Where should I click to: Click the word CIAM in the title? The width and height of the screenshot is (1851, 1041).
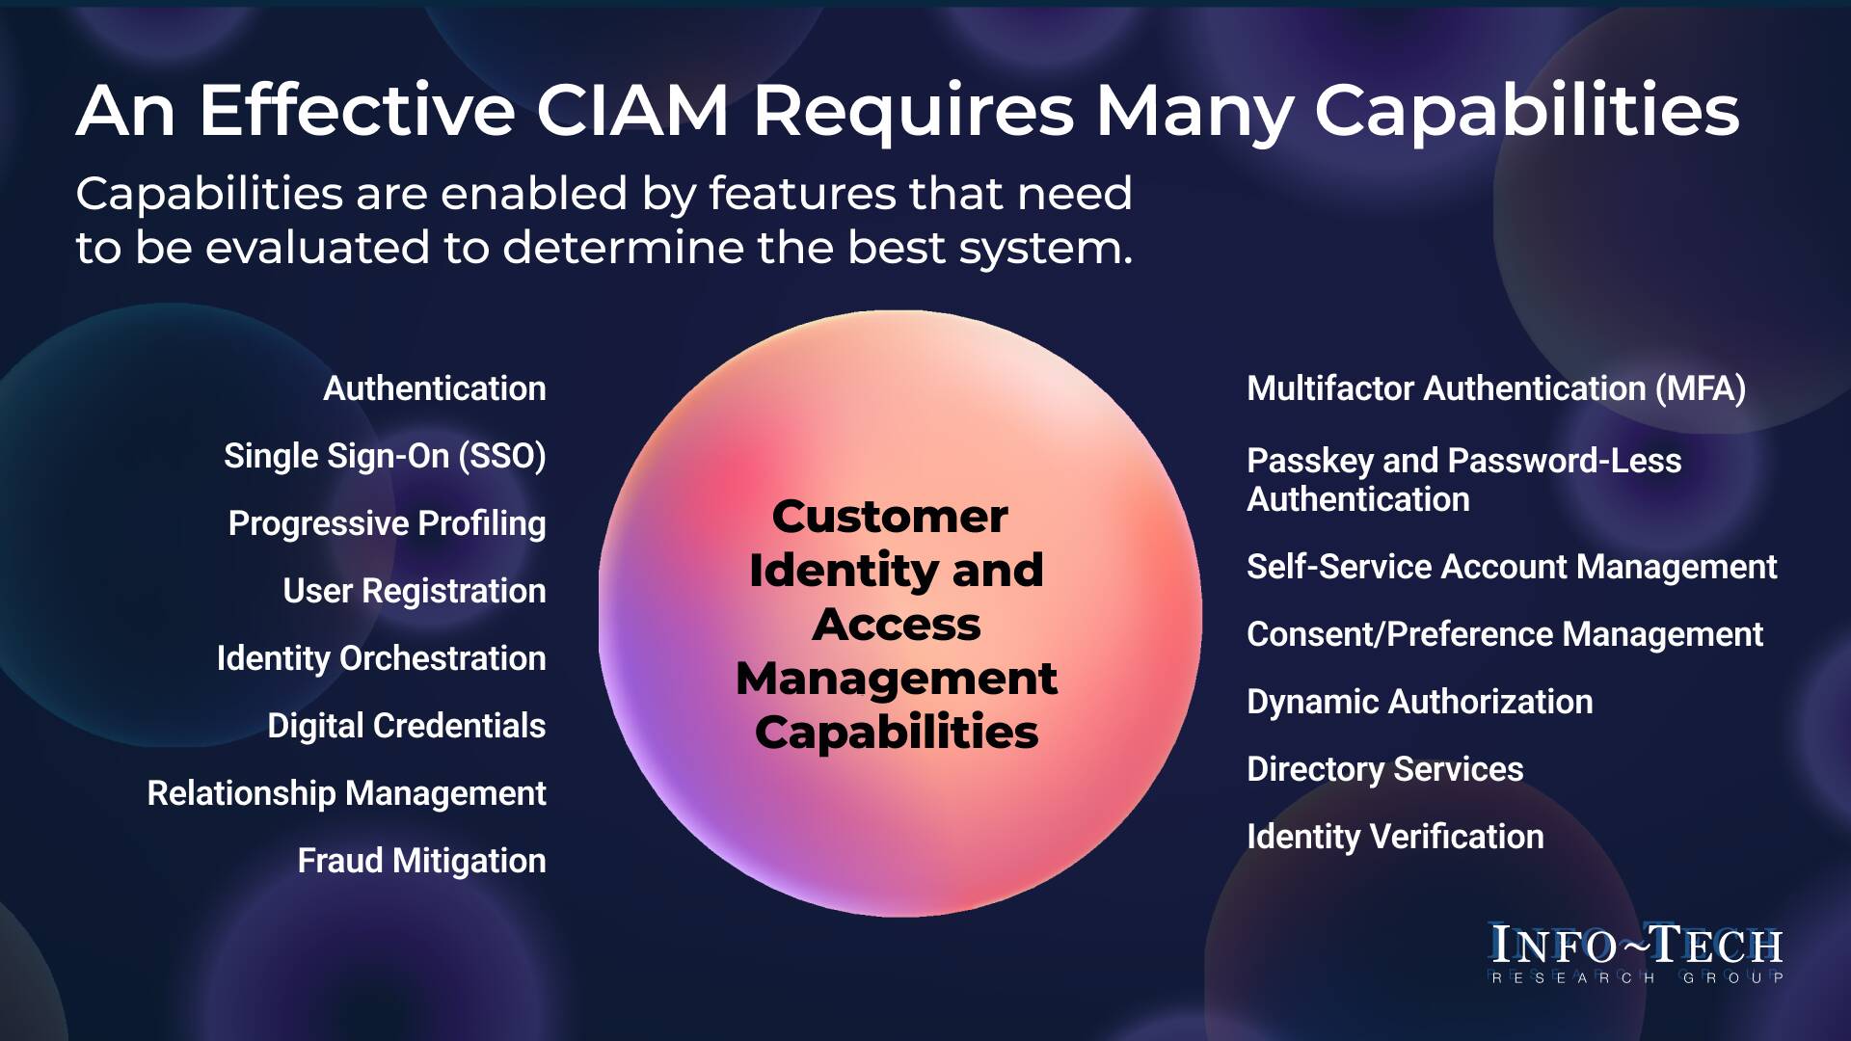tap(631, 111)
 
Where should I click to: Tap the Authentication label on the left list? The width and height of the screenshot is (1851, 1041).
tap(434, 388)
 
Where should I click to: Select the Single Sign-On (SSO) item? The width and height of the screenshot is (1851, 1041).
tap(385, 456)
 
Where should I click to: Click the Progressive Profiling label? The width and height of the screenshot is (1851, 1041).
tap(387, 523)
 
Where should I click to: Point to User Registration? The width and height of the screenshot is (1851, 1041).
tap(414, 591)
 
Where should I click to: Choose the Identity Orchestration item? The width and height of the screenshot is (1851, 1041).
tap(381, 658)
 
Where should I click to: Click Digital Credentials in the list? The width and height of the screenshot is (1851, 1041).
tap(406, 726)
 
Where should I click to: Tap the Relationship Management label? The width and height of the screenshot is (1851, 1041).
tap(346, 793)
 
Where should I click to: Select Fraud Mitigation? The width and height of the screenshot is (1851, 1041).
tap(421, 861)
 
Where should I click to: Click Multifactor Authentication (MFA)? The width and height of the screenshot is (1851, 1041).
tap(1495, 388)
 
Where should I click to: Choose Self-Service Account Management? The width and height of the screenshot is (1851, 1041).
tap(1511, 567)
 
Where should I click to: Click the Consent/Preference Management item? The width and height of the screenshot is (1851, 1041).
tap(1504, 634)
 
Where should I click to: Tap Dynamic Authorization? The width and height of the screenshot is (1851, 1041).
tap(1419, 702)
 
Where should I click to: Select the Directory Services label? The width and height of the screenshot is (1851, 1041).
tap(1384, 769)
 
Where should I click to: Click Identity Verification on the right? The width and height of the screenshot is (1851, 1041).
tap(1395, 837)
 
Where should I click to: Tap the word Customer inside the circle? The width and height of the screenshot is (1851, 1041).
tap(890, 517)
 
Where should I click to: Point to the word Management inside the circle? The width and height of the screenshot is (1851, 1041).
tap(897, 679)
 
